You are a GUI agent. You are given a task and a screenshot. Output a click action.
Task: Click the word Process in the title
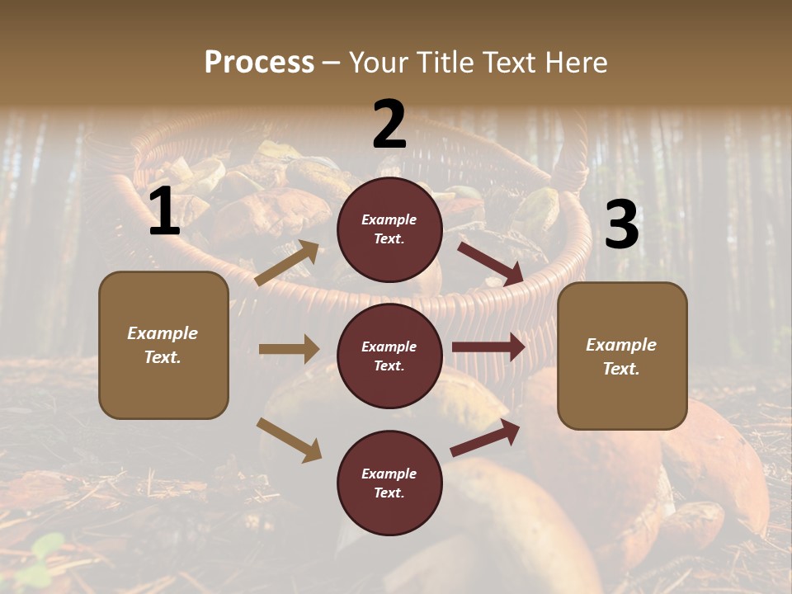pos(259,63)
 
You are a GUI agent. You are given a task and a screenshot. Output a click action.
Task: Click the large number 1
pos(164,212)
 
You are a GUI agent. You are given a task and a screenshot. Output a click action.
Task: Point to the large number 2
pos(389,125)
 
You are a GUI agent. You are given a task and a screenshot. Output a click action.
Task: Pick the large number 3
pos(621,225)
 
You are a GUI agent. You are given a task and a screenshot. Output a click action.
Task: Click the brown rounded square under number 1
pos(163,345)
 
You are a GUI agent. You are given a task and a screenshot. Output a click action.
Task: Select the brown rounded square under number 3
pos(622,356)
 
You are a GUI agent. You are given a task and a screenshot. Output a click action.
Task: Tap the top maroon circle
pos(389,229)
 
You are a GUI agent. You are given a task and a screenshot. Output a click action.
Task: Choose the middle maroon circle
pos(389,356)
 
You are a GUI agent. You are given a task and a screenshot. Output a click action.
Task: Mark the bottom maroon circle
pos(389,483)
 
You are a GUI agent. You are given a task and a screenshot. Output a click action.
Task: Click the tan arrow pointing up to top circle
pos(287,263)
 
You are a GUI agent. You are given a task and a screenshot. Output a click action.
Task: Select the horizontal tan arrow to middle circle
pos(289,349)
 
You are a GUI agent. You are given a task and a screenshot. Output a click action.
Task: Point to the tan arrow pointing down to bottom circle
pos(289,440)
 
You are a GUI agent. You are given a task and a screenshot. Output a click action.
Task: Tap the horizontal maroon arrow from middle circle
pos(488,347)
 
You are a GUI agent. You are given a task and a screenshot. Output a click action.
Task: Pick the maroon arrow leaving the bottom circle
pos(485,437)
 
